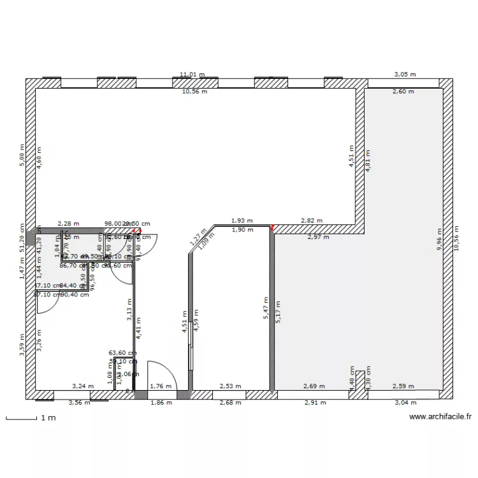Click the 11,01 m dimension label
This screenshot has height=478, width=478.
click(192, 75)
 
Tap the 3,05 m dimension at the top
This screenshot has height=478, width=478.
click(405, 75)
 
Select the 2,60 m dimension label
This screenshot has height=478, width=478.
click(402, 92)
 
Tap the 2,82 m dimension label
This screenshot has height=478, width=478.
click(312, 221)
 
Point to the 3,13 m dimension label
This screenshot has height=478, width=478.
click(129, 313)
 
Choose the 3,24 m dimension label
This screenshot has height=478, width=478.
click(82, 386)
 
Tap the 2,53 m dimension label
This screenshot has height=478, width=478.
click(230, 386)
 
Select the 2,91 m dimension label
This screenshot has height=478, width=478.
click(315, 403)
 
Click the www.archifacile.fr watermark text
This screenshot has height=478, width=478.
click(440, 417)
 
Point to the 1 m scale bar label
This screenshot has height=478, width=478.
click(48, 418)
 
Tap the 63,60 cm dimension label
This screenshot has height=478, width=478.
click(123, 352)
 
